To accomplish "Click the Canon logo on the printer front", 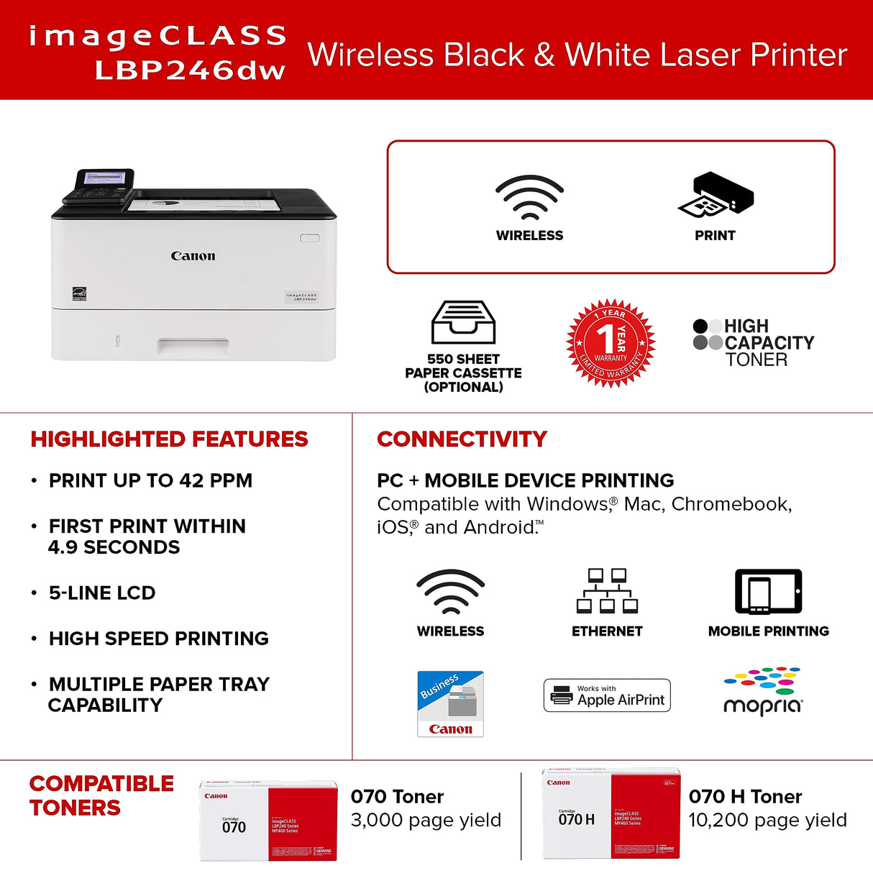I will point(193,256).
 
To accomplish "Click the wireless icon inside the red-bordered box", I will point(529,197).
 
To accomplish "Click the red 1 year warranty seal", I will point(611,343).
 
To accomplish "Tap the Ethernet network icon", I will point(607,591).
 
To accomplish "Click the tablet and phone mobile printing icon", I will point(768,592).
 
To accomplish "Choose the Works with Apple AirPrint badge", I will point(607,695).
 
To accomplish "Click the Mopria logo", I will point(763,692).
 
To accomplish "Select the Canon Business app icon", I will point(450,704).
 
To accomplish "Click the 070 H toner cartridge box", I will point(611,813).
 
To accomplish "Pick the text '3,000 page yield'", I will point(426,820).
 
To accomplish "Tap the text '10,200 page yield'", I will point(767,820).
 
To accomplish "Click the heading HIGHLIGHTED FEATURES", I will point(169,439).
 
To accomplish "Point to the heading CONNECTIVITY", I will point(462,439).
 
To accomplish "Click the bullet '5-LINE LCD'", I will point(102,593).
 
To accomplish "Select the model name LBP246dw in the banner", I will point(190,70).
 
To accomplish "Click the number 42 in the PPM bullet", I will point(191,480).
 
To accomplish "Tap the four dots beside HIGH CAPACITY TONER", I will point(708,334).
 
